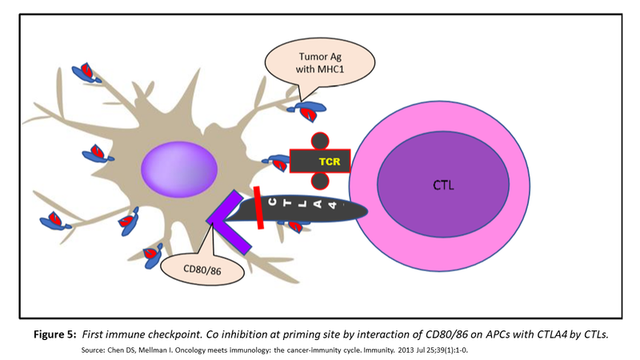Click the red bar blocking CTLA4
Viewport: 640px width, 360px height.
(259, 207)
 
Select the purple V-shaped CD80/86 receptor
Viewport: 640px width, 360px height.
(227, 215)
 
